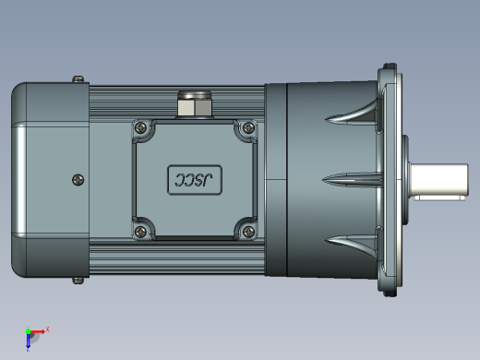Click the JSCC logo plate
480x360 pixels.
195,180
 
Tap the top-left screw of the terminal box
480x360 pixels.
141,127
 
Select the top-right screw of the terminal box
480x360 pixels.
248,127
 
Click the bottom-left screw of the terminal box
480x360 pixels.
141,232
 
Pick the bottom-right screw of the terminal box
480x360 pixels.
248,232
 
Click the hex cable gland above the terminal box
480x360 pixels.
195,104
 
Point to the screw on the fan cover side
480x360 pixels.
78,180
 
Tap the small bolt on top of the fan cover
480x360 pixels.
78,79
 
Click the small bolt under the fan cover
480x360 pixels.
78,281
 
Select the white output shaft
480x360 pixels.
438,180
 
